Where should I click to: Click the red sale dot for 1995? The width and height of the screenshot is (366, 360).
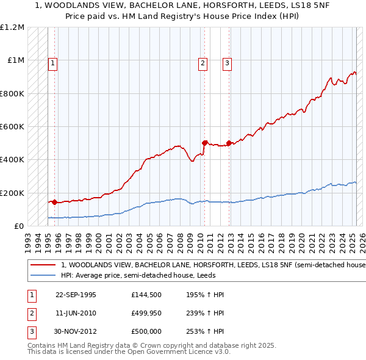point(54,202)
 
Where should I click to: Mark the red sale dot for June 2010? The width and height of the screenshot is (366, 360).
point(204,143)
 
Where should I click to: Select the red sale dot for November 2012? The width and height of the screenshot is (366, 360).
point(229,143)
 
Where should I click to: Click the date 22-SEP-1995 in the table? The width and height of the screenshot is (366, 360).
point(76,295)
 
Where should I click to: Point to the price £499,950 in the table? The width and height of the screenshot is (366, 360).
point(146,313)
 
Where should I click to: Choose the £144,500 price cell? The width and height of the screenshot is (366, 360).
point(146,295)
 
